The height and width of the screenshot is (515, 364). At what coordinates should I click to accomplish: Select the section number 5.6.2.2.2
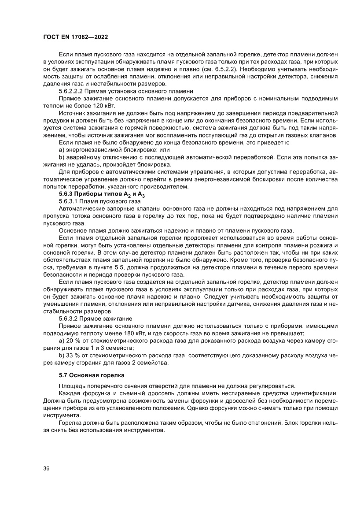[70, 91]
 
